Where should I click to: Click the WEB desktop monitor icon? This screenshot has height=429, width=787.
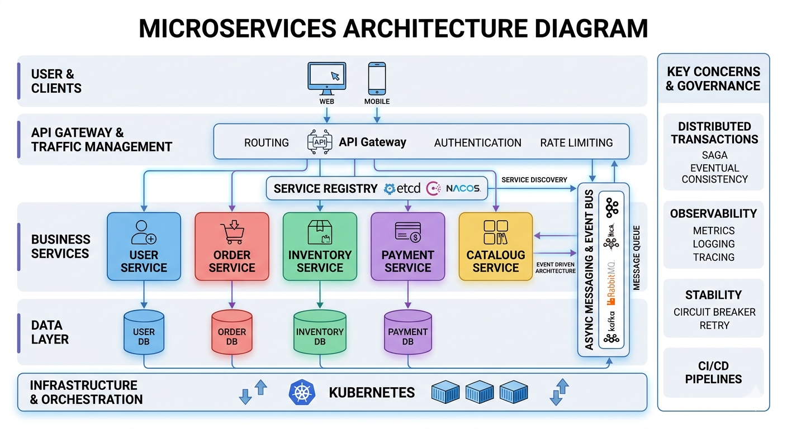pyautogui.click(x=327, y=78)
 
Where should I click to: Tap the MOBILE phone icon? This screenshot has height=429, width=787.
pyautogui.click(x=377, y=78)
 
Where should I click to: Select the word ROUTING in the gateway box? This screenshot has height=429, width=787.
pyautogui.click(x=267, y=142)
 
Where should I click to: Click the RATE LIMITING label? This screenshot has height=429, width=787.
pyautogui.click(x=576, y=142)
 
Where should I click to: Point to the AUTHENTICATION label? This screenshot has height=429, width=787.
pyautogui.click(x=477, y=142)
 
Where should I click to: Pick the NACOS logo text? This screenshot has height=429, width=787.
pyautogui.click(x=463, y=188)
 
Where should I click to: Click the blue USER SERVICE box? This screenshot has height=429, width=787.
pyautogui.click(x=144, y=246)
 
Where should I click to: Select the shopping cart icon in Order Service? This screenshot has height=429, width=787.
pyautogui.click(x=232, y=233)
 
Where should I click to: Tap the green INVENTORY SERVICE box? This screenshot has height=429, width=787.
pyautogui.click(x=320, y=246)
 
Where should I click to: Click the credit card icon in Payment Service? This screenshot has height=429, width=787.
pyautogui.click(x=407, y=232)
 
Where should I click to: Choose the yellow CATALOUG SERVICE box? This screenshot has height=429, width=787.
pyautogui.click(x=496, y=246)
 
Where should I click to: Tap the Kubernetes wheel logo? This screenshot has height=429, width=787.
pyautogui.click(x=302, y=392)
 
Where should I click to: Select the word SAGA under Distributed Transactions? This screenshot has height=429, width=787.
pyautogui.click(x=714, y=155)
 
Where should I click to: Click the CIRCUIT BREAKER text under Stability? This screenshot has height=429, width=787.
pyautogui.click(x=714, y=312)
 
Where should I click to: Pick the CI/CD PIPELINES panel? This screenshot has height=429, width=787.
pyautogui.click(x=714, y=372)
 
